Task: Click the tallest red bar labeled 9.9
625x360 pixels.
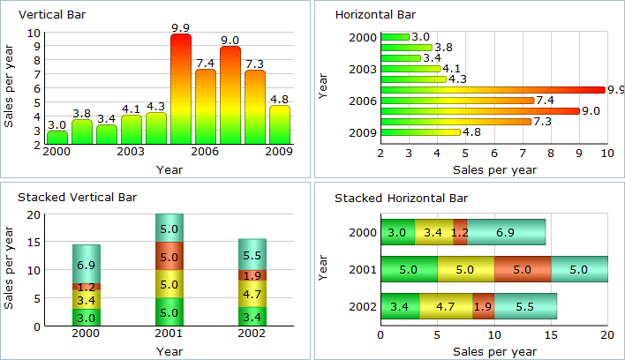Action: click(181, 88)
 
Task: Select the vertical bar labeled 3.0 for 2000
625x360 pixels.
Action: click(57, 137)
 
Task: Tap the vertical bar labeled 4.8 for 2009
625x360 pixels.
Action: click(280, 124)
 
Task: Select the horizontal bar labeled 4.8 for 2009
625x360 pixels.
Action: click(420, 132)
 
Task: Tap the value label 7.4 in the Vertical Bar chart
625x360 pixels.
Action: click(206, 63)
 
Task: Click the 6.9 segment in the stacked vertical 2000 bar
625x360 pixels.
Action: click(87, 264)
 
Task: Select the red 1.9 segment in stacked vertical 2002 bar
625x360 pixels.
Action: click(252, 275)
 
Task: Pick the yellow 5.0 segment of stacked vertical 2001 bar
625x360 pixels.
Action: click(169, 284)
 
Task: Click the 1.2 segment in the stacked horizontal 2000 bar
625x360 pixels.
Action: click(460, 232)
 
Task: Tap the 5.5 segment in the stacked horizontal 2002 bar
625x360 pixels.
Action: click(524, 307)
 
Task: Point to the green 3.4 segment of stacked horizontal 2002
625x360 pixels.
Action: click(399, 307)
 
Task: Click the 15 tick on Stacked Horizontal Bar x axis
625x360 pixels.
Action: click(551, 335)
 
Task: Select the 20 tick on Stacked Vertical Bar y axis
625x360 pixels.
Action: click(34, 214)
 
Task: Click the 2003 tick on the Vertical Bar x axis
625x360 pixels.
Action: click(132, 153)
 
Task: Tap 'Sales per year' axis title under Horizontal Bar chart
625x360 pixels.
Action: click(493, 169)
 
